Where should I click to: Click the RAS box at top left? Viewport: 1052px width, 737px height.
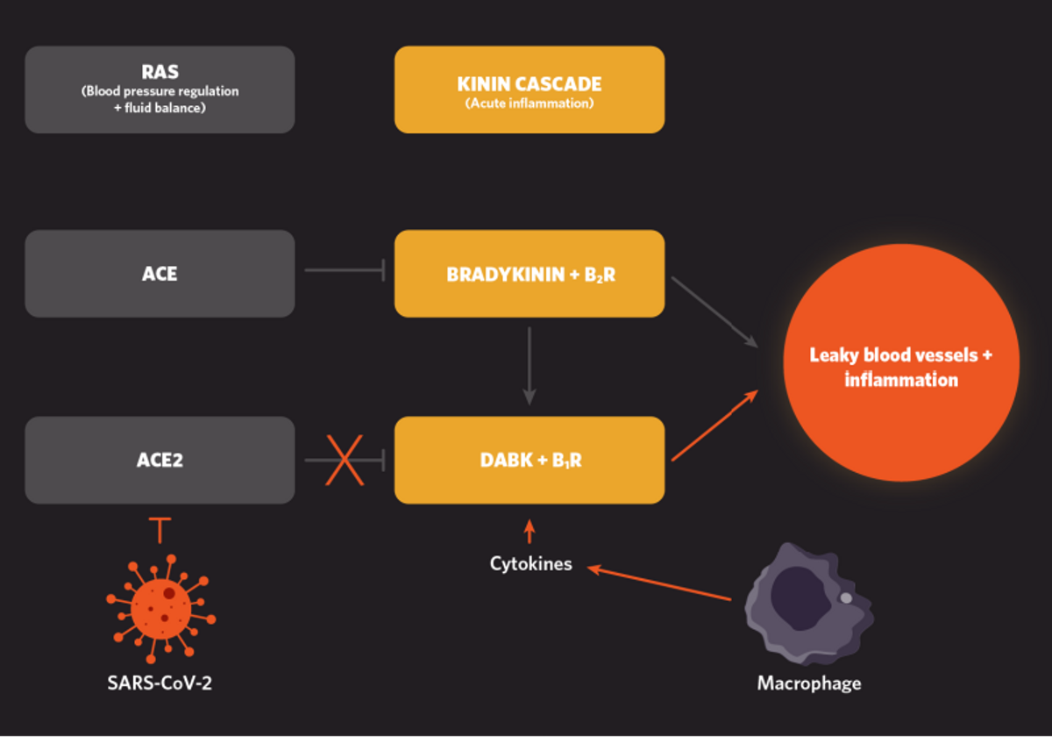(x=160, y=89)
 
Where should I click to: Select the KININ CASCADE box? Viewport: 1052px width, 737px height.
(x=529, y=89)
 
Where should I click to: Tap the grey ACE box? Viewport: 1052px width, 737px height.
(x=160, y=273)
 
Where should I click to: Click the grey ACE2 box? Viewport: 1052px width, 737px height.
(x=160, y=459)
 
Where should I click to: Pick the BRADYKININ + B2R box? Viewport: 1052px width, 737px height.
(x=529, y=273)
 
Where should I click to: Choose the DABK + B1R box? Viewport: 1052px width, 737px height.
(x=529, y=459)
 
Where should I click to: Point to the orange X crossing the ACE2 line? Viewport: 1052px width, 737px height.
(x=345, y=459)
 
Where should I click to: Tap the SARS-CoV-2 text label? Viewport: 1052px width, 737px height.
(x=160, y=683)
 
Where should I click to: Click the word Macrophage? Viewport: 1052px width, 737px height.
(x=808, y=683)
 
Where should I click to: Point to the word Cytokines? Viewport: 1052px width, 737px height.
(x=530, y=563)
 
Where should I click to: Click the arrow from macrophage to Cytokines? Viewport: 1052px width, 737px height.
(x=659, y=583)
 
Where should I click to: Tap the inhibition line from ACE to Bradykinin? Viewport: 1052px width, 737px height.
(x=345, y=271)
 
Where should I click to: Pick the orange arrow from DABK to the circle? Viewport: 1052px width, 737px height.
(x=714, y=426)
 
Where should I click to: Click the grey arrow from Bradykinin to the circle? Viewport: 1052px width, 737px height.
(x=714, y=311)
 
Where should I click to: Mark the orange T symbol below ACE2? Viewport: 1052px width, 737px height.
(x=160, y=529)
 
